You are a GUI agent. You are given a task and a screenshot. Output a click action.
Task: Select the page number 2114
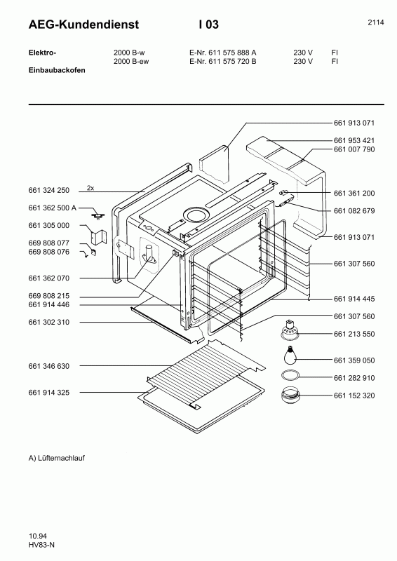[375, 22]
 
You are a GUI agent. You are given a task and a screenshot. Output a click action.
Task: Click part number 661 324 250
[49, 191]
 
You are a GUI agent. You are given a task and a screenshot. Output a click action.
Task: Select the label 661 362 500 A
[53, 208]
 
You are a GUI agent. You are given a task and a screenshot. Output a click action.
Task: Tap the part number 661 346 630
[49, 366]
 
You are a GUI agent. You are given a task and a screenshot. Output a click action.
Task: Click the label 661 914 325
[49, 393]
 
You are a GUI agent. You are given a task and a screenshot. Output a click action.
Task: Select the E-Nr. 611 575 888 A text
[223, 53]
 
